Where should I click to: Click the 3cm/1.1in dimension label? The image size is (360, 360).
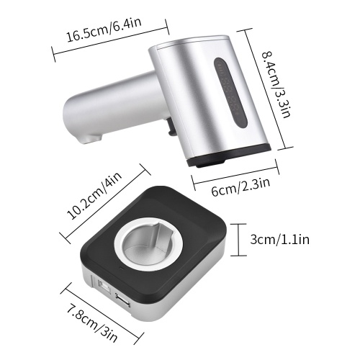click(280, 239)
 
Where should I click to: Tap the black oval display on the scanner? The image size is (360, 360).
click(230, 92)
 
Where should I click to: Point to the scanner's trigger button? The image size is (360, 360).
click(171, 126)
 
